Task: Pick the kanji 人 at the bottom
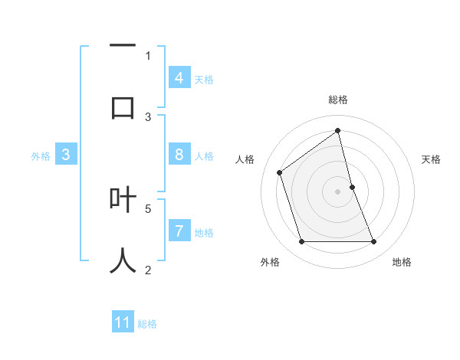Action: tap(123, 260)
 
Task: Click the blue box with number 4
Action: tap(179, 78)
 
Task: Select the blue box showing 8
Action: tap(179, 155)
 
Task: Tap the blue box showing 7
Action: tap(179, 231)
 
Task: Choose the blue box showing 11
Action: tap(123, 322)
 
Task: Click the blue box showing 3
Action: tap(66, 155)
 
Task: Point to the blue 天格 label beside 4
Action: tap(204, 79)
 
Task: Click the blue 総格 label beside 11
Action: tap(147, 323)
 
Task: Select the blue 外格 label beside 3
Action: tap(41, 155)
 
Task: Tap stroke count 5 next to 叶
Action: tap(148, 208)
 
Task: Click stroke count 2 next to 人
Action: tap(148, 269)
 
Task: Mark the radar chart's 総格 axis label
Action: tap(338, 100)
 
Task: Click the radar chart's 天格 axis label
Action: tap(432, 159)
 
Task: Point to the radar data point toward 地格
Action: tap(374, 242)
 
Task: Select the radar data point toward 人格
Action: tap(280, 172)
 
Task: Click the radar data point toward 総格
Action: tap(338, 130)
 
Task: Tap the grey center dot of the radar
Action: tap(338, 191)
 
